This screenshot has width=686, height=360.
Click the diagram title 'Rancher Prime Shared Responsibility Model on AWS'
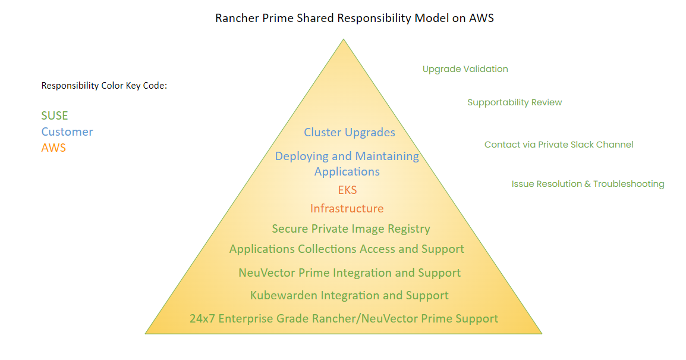click(354, 18)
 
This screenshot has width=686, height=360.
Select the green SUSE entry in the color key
click(55, 115)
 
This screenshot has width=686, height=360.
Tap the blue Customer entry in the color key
click(67, 132)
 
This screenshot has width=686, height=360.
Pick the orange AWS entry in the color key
click(54, 148)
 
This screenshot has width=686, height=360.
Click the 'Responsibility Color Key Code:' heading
click(104, 86)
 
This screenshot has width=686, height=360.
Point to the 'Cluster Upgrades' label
click(350, 132)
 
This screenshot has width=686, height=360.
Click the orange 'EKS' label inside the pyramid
click(347, 190)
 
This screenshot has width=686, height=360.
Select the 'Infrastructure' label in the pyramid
click(347, 208)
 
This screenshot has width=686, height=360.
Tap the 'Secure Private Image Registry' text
click(351, 228)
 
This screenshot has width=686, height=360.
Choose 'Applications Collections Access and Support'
click(347, 249)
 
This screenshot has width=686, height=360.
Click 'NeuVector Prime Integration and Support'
click(350, 273)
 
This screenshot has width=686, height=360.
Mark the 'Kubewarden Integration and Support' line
click(349, 295)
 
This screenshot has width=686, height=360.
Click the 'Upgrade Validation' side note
click(465, 69)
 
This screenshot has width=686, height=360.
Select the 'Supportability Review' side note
click(514, 102)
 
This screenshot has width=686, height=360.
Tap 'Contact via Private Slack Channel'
click(559, 145)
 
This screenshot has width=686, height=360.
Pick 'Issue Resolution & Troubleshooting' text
click(588, 184)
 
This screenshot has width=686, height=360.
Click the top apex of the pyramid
click(343, 40)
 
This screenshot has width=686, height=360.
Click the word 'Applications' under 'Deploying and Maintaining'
click(347, 171)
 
